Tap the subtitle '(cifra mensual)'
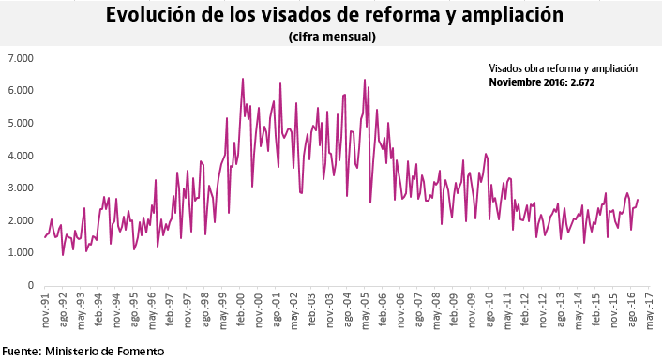pyautogui.click(x=332, y=37)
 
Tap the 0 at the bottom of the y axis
pyautogui.click(x=30, y=285)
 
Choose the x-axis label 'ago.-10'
pyautogui.click(x=489, y=308)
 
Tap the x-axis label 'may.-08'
pyautogui.click(x=436, y=308)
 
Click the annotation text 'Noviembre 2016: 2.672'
pyautogui.click(x=542, y=82)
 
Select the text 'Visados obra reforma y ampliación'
pyautogui.click(x=563, y=68)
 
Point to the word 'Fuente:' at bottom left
pyautogui.click(x=22, y=351)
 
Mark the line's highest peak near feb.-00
pyautogui.click(x=243, y=79)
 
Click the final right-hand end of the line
pyautogui.click(x=639, y=199)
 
